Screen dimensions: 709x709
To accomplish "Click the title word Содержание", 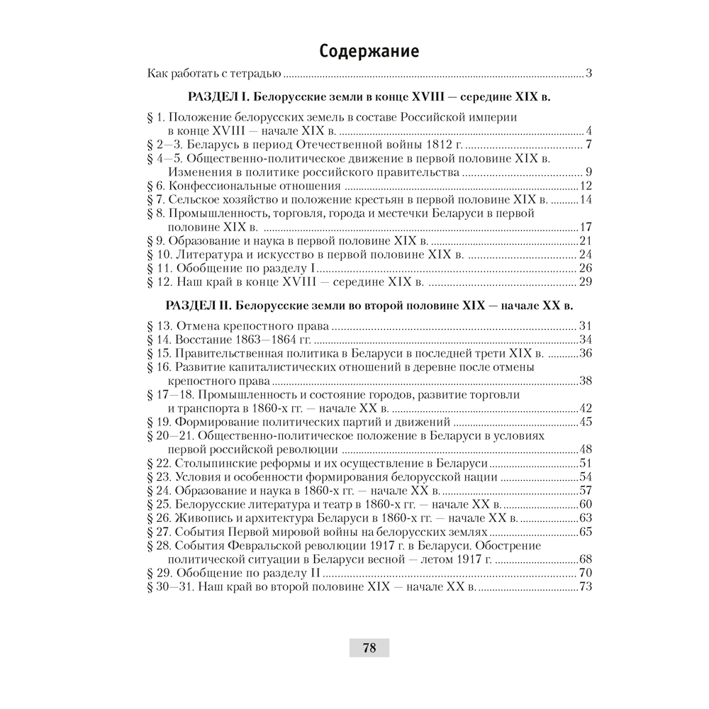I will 368,51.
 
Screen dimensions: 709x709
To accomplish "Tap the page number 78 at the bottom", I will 369,647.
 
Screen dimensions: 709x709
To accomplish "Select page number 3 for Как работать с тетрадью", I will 589,74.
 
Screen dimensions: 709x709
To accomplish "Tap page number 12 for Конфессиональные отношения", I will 585,186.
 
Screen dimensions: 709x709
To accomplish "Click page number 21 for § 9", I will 585,241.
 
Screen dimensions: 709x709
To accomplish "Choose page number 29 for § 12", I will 585,282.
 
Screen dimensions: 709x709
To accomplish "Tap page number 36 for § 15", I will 585,353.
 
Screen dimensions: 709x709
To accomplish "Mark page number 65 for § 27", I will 585,532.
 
